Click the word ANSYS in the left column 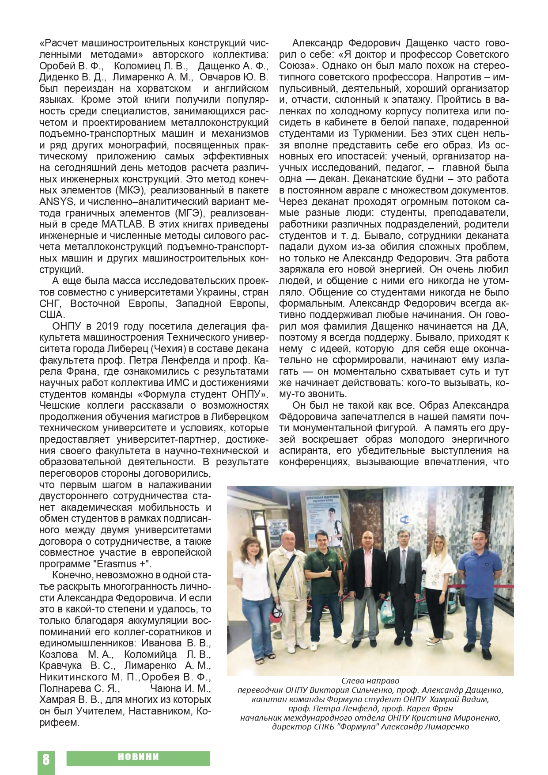[53, 202]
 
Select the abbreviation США [52, 315]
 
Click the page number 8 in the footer [46, 759]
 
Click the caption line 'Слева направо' [370, 681]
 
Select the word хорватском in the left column [164, 88]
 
